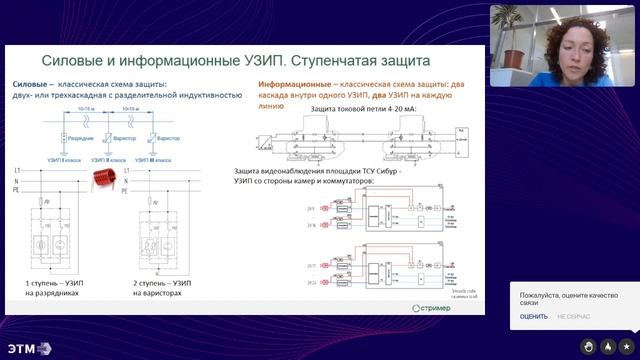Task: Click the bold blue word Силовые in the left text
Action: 31,85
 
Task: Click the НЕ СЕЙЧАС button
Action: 574,317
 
